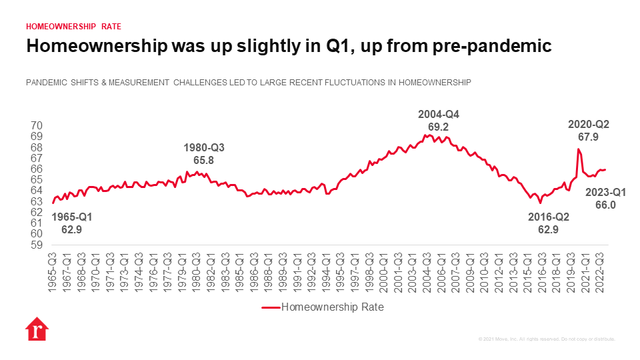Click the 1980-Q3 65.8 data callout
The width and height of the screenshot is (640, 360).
click(199, 154)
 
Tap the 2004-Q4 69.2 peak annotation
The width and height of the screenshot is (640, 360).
click(434, 120)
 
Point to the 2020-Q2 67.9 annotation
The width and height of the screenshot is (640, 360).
click(588, 131)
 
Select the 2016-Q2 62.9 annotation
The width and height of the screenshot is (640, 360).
click(548, 223)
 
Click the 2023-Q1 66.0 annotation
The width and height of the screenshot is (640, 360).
click(605, 199)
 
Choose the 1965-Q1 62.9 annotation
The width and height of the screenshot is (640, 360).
click(72, 223)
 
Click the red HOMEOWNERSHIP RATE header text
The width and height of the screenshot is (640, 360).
click(73, 27)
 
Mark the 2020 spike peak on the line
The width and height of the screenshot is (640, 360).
click(578, 149)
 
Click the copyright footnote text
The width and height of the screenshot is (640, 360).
click(547, 339)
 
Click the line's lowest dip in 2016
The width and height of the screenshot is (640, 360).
click(540, 202)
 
